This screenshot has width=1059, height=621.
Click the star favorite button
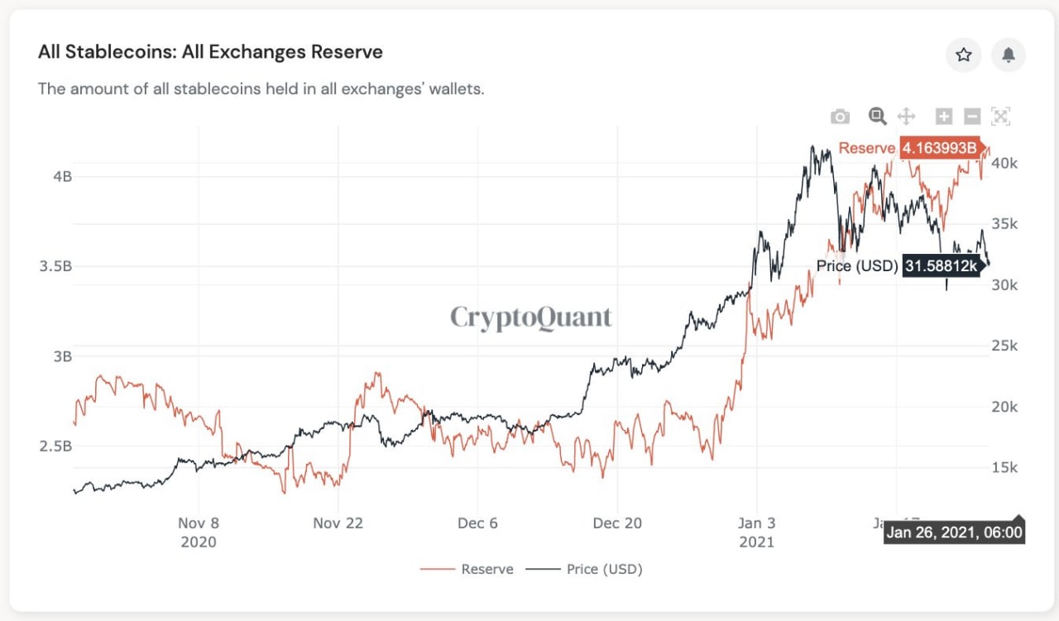tap(963, 55)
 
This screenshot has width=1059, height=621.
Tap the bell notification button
tap(1008, 55)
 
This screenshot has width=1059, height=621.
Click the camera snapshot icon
tap(840, 117)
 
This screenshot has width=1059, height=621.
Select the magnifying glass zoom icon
tap(877, 117)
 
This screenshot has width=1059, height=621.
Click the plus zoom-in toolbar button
tap(944, 117)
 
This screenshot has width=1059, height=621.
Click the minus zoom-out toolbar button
tap(973, 117)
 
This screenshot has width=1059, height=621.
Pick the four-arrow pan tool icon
tap(906, 117)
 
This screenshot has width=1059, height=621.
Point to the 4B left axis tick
tap(62, 176)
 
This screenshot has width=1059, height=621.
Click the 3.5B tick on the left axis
tap(55, 266)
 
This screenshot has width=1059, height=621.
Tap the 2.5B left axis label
tap(55, 447)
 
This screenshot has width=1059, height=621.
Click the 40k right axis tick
tap(1004, 163)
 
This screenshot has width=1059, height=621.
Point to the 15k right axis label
tap(1004, 468)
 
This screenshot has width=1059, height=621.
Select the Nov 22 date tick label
tap(338, 523)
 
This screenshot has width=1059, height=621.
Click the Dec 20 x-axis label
tap(617, 523)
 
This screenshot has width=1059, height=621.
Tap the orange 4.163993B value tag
tap(939, 148)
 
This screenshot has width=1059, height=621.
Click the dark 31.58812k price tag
tap(940, 266)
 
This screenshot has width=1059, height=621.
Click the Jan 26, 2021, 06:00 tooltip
tap(954, 532)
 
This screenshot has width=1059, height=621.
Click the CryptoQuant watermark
tap(531, 317)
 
